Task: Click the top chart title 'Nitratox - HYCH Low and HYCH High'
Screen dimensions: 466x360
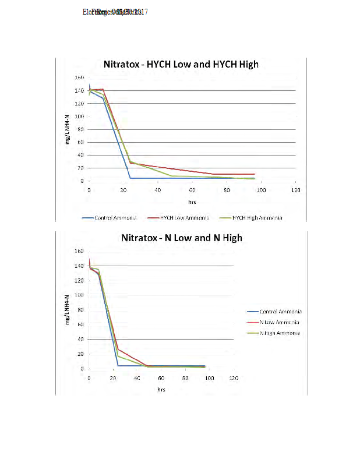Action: click(x=181, y=64)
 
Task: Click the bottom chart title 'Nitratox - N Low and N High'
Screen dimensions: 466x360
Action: click(x=181, y=238)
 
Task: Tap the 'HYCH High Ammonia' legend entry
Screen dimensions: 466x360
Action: click(x=257, y=217)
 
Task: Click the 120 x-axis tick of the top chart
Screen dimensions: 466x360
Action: click(x=296, y=190)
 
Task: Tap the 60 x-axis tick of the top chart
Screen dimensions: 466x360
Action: click(x=192, y=190)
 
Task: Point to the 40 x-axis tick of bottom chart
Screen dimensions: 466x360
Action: click(x=137, y=379)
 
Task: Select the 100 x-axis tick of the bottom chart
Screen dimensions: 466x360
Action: click(x=209, y=379)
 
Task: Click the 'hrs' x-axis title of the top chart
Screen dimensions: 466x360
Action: click(x=192, y=202)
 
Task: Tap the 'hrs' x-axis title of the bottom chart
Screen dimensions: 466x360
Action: click(x=161, y=390)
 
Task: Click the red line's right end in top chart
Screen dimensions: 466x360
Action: click(x=255, y=174)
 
